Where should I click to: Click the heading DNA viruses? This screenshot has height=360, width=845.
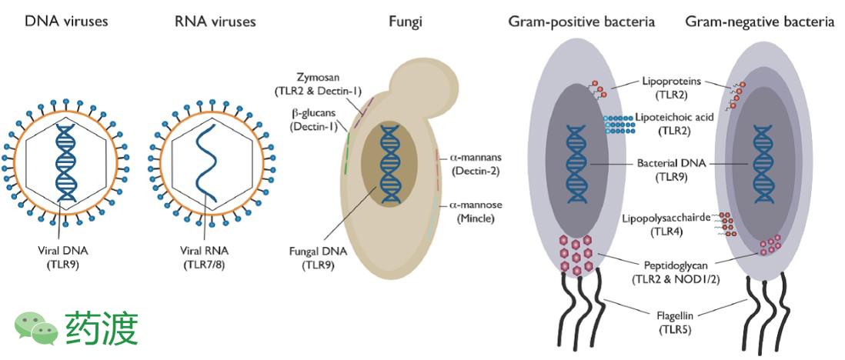tap(66, 22)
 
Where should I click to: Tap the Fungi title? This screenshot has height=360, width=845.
tap(405, 22)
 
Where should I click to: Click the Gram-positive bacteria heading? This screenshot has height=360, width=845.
tap(582, 22)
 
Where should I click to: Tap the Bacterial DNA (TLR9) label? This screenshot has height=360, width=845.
tap(671, 170)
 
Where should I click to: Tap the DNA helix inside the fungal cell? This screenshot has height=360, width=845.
tap(389, 162)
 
